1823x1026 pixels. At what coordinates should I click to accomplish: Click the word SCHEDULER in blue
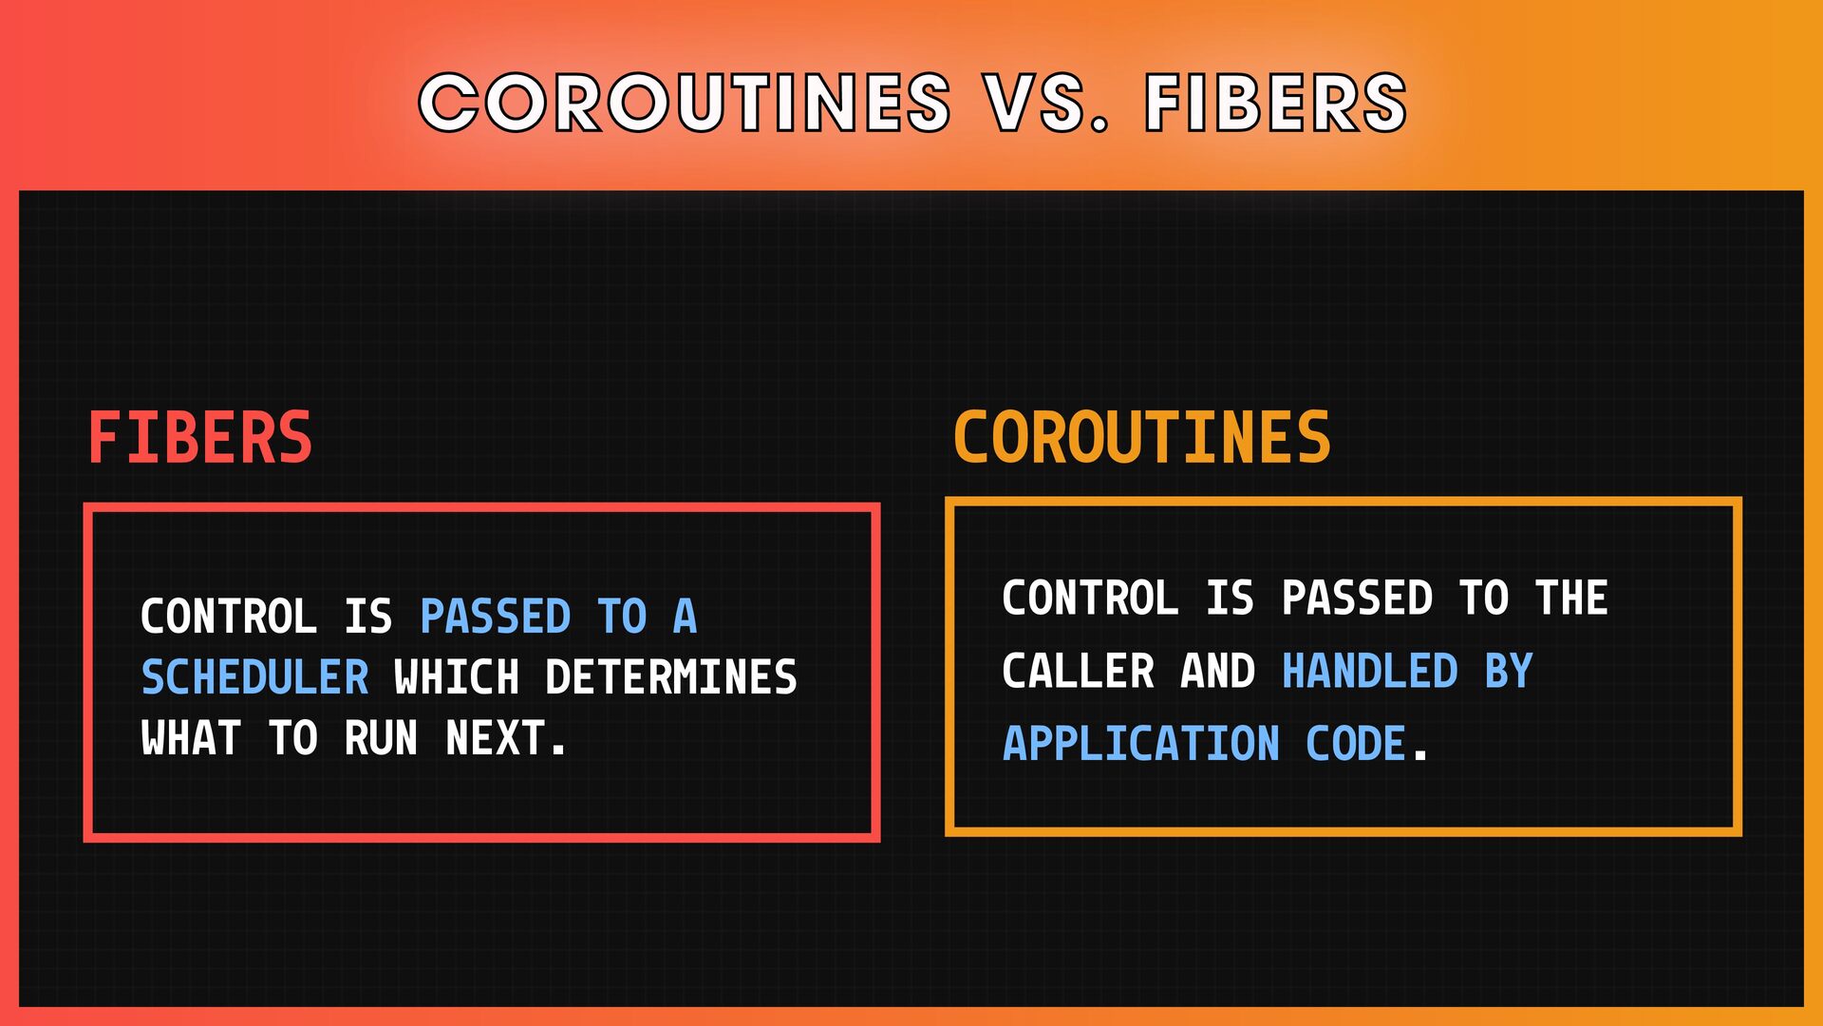point(254,677)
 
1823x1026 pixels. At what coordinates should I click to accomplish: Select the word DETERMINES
point(671,677)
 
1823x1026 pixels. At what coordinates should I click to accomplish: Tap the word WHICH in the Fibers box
point(457,677)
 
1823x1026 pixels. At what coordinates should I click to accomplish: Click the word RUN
point(381,738)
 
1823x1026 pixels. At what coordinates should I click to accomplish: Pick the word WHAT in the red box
point(190,738)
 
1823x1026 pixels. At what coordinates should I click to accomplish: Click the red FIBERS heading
point(200,438)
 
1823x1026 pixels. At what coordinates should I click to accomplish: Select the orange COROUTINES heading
point(1142,438)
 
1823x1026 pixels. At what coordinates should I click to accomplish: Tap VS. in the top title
point(1046,102)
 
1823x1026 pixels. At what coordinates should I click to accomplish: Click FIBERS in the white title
point(1275,102)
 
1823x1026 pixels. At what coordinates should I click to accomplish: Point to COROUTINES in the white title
point(685,102)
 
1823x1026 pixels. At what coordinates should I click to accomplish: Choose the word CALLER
point(1078,672)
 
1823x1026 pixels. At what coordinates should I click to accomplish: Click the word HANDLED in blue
point(1370,672)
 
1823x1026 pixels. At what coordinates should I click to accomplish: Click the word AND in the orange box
point(1217,672)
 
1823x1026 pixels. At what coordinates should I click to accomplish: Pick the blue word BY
point(1509,672)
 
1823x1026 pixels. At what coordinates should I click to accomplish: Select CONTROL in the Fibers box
point(228,617)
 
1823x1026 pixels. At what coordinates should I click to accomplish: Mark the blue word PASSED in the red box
point(495,617)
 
